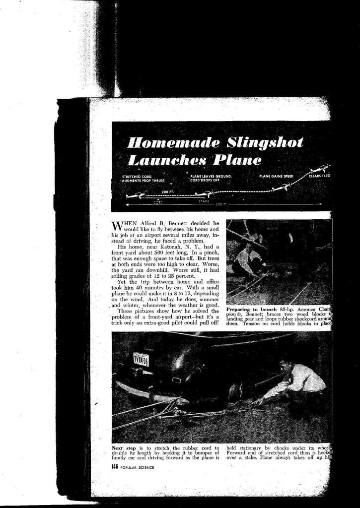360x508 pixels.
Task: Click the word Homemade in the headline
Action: tap(173, 143)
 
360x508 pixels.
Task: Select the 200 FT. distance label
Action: tap(167, 191)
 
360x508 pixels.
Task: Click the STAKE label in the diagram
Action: tap(204, 201)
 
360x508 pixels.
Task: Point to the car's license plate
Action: tap(138, 359)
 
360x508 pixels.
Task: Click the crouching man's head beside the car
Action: tap(285, 365)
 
